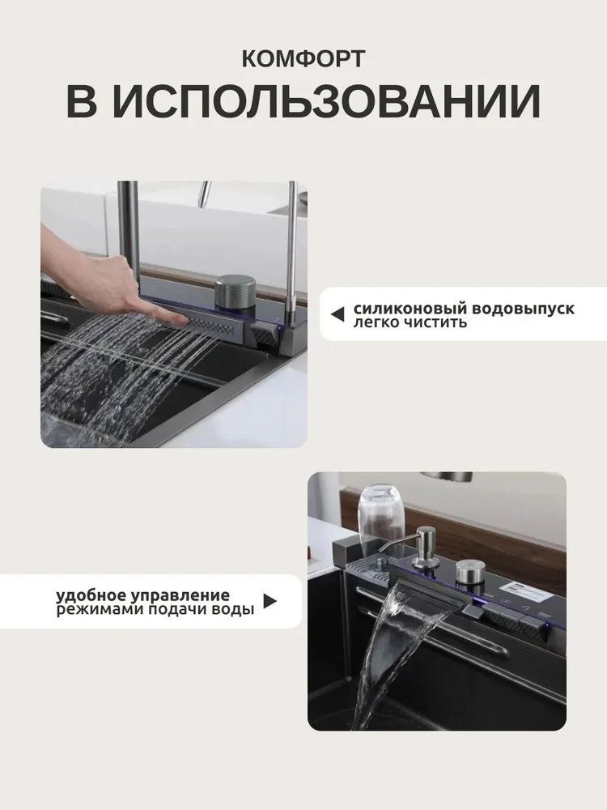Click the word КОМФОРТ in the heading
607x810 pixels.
tap(303, 59)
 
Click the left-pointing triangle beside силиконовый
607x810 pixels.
tap(337, 313)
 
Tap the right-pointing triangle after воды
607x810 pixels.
tap(270, 601)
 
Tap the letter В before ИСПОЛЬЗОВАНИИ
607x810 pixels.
tap(82, 100)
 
